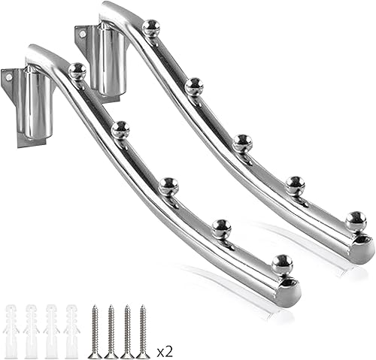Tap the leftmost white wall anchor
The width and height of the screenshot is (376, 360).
[x=12, y=331]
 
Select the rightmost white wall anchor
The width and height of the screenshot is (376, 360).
[x=72, y=331]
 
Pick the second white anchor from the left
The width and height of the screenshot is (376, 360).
[x=32, y=331]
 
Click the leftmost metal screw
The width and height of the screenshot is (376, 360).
[x=95, y=331]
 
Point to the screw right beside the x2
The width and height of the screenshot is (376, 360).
[x=143, y=331]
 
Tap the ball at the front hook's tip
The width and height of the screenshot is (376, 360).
[x=282, y=263]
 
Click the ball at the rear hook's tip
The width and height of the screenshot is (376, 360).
[x=356, y=220]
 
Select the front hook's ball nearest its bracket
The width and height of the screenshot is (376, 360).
[x=77, y=71]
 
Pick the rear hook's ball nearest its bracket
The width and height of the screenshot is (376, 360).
[x=151, y=28]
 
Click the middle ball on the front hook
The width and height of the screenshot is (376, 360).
[x=168, y=186]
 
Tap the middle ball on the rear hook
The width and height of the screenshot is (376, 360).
[x=241, y=141]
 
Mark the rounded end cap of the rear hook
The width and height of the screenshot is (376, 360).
[x=363, y=248]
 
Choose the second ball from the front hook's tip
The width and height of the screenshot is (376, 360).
[x=221, y=228]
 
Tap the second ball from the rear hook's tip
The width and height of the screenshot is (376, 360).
[x=295, y=184]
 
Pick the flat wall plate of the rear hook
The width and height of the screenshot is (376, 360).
[x=83, y=41]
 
